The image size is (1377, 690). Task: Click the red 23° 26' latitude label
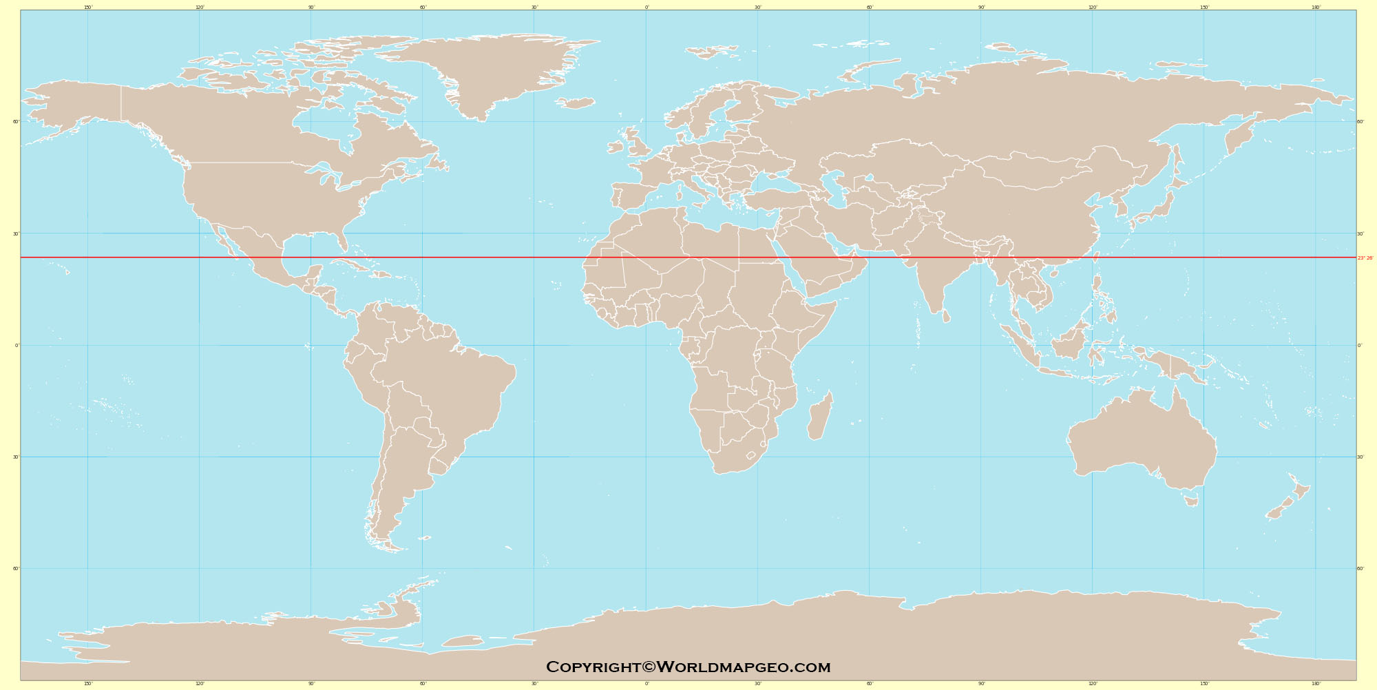pos(1365,258)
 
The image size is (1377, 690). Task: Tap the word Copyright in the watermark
pos(593,667)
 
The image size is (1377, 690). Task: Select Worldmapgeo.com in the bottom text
pos(744,667)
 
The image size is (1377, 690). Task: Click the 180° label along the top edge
pos(1316,8)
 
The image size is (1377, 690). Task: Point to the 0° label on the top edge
pos(647,8)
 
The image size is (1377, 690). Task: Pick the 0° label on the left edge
pos(17,346)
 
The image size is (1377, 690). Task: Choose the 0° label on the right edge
pos(1359,346)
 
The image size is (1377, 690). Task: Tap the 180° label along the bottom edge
pos(1316,684)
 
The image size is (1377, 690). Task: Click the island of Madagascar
pos(819,417)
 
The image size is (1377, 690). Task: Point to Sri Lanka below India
pos(946,315)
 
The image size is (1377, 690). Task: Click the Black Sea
pos(771,180)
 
